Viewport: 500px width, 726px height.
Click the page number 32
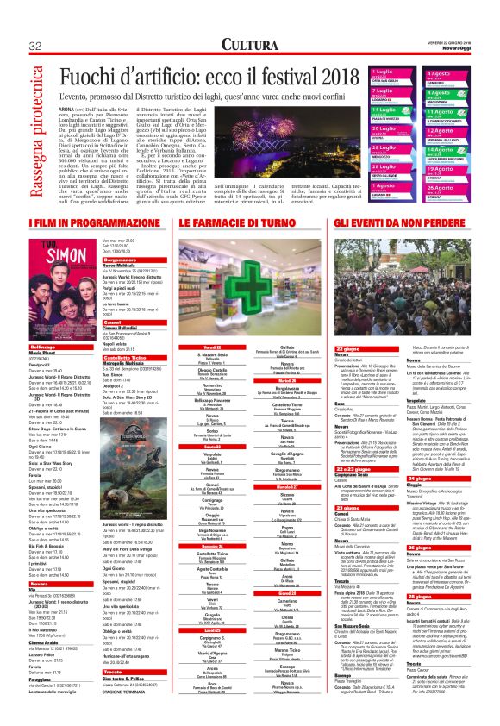(x=35, y=45)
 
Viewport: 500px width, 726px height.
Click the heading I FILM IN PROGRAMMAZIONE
(x=85, y=222)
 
